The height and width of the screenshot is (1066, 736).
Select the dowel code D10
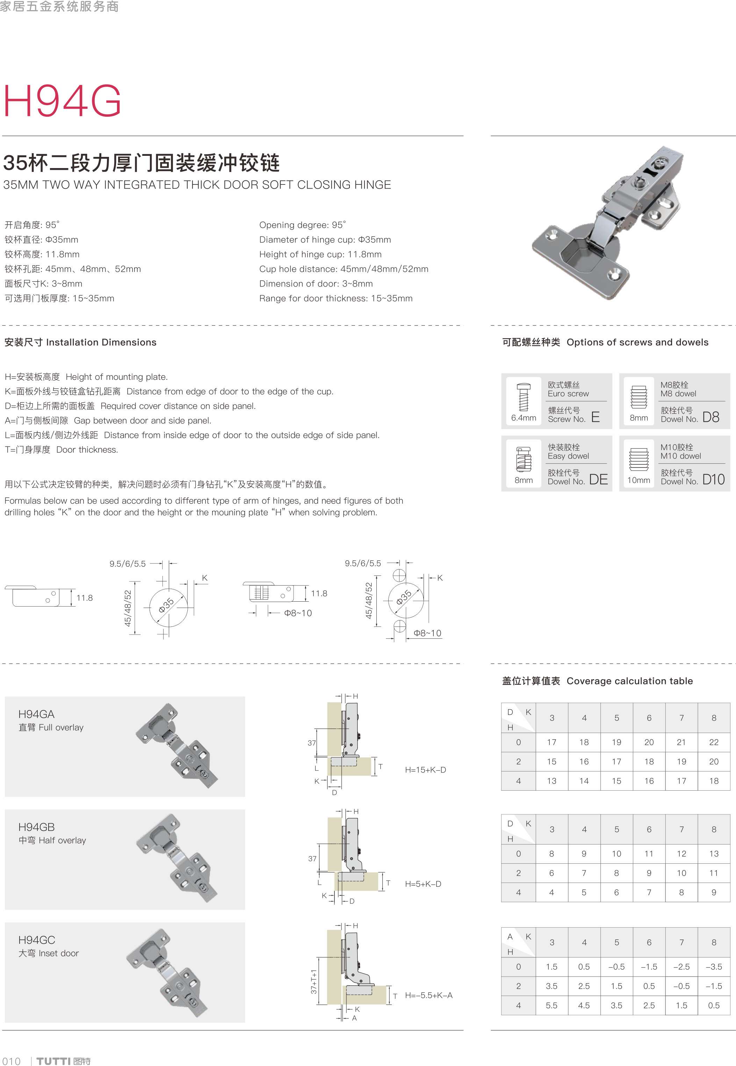tap(713, 479)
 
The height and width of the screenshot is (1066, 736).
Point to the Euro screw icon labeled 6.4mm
tap(524, 397)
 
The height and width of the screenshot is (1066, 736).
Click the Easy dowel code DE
tap(599, 479)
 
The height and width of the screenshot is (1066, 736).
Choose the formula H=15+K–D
tap(425, 769)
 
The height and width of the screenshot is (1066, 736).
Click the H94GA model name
tap(36, 714)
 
